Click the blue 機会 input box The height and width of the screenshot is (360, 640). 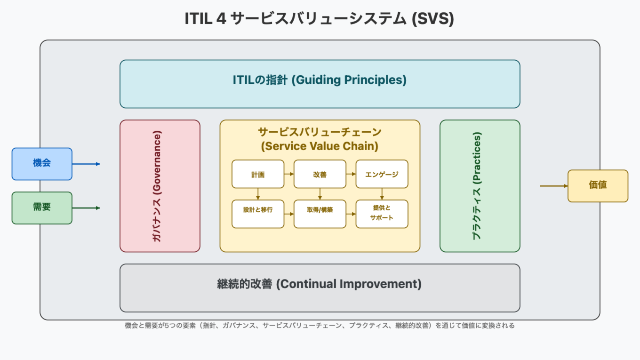(42, 164)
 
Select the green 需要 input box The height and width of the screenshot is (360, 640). (42, 208)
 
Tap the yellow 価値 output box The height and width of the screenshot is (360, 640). (598, 185)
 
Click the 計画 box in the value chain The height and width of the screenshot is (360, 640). (258, 174)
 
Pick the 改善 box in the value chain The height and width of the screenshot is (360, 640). (320, 174)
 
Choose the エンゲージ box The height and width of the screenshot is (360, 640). (382, 174)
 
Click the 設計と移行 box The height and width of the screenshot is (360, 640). (258, 214)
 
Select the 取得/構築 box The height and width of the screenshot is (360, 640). (320, 214)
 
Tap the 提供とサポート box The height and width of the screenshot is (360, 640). (382, 214)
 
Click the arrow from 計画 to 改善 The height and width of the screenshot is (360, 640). (289, 174)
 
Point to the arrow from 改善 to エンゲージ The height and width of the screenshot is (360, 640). (351, 174)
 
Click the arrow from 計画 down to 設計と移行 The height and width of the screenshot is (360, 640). (258, 194)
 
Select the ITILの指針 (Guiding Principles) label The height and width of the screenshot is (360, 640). (320, 80)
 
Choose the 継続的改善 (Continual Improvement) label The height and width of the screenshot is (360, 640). (320, 284)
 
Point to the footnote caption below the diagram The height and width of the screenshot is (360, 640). (320, 325)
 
